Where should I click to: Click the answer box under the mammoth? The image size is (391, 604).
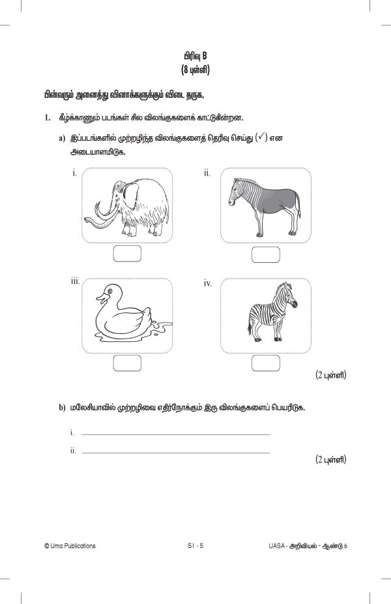127,254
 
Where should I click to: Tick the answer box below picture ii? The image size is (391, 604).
265,254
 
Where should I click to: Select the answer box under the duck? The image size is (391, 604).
127,363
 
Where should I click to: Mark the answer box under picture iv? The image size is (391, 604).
265,363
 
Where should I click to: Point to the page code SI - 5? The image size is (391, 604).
195,546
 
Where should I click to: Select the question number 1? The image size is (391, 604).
46,118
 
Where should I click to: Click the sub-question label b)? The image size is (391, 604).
63,408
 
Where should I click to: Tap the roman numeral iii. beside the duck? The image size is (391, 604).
76,281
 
